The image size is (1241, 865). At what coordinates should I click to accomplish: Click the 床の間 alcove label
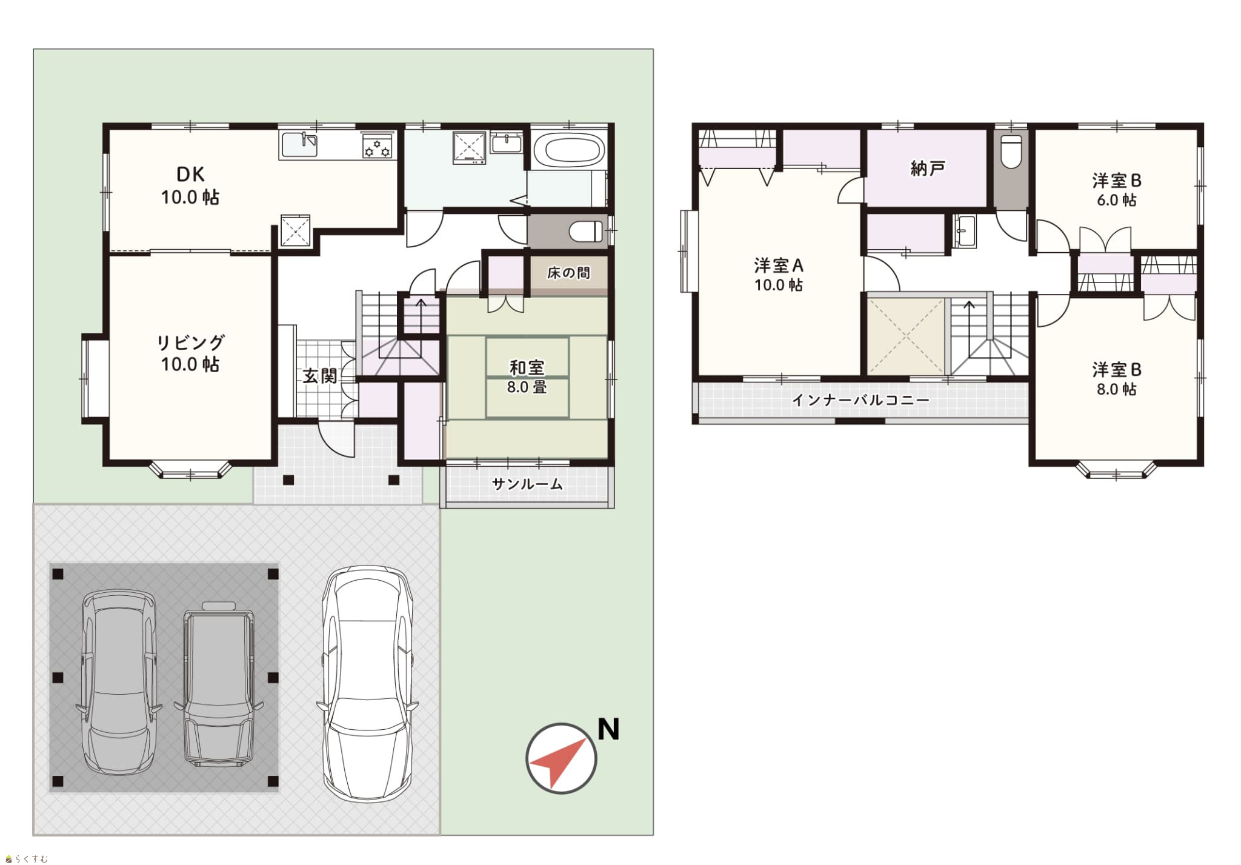(x=568, y=273)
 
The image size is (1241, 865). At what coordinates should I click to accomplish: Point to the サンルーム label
(x=527, y=484)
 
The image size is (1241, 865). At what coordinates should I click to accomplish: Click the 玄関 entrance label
(x=319, y=376)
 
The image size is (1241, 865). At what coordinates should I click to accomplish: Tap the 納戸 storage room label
(x=928, y=168)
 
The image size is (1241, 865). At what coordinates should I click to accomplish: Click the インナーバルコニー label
(x=860, y=400)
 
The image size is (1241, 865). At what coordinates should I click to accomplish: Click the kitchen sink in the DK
(x=301, y=145)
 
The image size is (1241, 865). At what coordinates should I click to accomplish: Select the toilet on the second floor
(x=1011, y=152)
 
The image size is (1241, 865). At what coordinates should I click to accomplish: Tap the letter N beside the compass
(x=608, y=729)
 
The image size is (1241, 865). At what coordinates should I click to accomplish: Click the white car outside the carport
(x=367, y=684)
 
